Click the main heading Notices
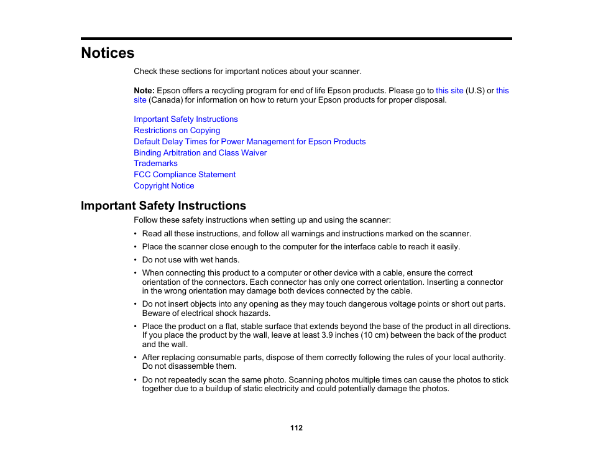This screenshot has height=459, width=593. [x=108, y=53]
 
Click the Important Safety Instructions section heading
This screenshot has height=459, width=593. [x=163, y=206]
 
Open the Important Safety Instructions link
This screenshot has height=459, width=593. [x=185, y=119]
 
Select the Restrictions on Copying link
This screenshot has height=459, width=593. [x=177, y=131]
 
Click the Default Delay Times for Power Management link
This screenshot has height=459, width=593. [x=249, y=142]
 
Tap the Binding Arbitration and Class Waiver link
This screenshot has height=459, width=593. [x=200, y=153]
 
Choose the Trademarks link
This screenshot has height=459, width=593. [x=155, y=164]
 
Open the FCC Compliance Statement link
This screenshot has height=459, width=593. [x=185, y=175]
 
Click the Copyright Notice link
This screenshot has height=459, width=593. [x=163, y=186]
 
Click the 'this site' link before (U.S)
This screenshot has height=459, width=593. [x=449, y=91]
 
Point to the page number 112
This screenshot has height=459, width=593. [x=296, y=428]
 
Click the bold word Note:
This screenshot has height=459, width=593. [x=144, y=91]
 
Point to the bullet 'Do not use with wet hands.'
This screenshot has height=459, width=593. [x=190, y=260]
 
